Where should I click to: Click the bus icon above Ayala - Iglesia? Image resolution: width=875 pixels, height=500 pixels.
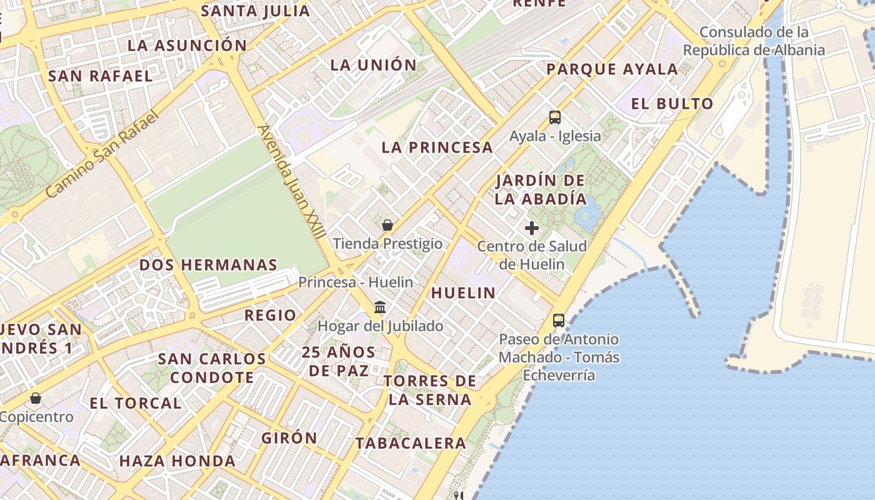pyautogui.click(x=554, y=117)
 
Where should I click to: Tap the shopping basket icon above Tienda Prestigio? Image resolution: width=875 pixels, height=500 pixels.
pyautogui.click(x=387, y=225)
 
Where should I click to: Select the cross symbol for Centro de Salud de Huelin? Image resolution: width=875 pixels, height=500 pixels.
pyautogui.click(x=532, y=228)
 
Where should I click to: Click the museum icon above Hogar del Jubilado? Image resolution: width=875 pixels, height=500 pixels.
pyautogui.click(x=379, y=307)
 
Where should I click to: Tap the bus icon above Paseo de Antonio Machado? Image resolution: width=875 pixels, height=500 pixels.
pyautogui.click(x=558, y=321)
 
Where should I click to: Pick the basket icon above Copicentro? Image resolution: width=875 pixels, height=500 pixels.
pyautogui.click(x=36, y=398)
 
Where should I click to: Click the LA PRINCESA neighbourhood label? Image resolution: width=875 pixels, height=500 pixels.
pyautogui.click(x=437, y=147)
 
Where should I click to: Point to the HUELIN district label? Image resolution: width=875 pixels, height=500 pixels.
pyautogui.click(x=463, y=292)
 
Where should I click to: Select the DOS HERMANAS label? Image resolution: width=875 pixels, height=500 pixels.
pyautogui.click(x=208, y=264)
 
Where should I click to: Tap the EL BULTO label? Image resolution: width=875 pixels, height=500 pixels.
pyautogui.click(x=672, y=104)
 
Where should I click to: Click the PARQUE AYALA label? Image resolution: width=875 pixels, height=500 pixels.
pyautogui.click(x=612, y=69)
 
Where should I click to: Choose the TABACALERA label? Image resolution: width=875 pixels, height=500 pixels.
pyautogui.click(x=411, y=443)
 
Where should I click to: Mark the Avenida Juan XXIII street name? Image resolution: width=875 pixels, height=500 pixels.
pyautogui.click(x=291, y=182)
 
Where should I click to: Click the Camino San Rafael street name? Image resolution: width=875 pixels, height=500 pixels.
pyautogui.click(x=103, y=154)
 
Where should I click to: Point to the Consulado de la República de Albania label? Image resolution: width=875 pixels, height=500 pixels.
pyautogui.click(x=754, y=41)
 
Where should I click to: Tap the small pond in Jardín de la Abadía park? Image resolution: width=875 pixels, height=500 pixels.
pyautogui.click(x=586, y=216)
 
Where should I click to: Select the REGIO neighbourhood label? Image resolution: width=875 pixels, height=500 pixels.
pyautogui.click(x=270, y=315)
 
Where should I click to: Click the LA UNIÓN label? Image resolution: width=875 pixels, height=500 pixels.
pyautogui.click(x=373, y=65)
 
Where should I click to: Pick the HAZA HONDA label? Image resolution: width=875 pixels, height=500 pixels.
pyautogui.click(x=177, y=461)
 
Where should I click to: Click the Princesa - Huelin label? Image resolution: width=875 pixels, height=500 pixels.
pyautogui.click(x=355, y=282)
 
